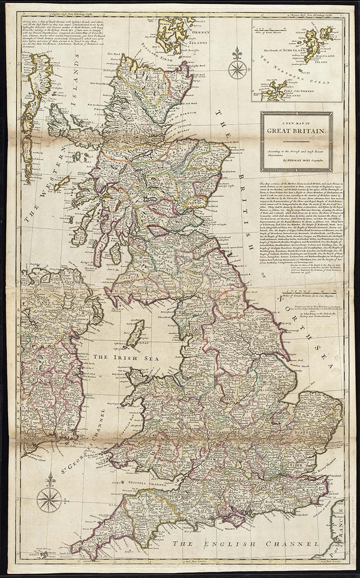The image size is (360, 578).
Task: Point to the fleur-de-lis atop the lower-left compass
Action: [x=49, y=479]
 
